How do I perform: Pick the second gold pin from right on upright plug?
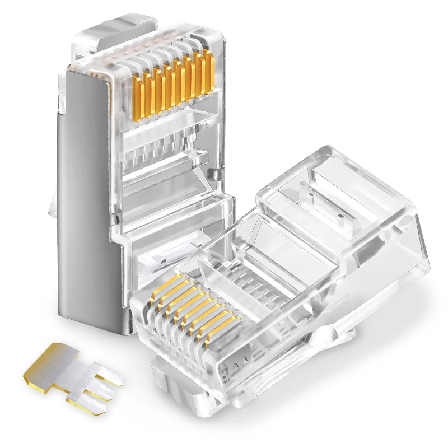point(199,75)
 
